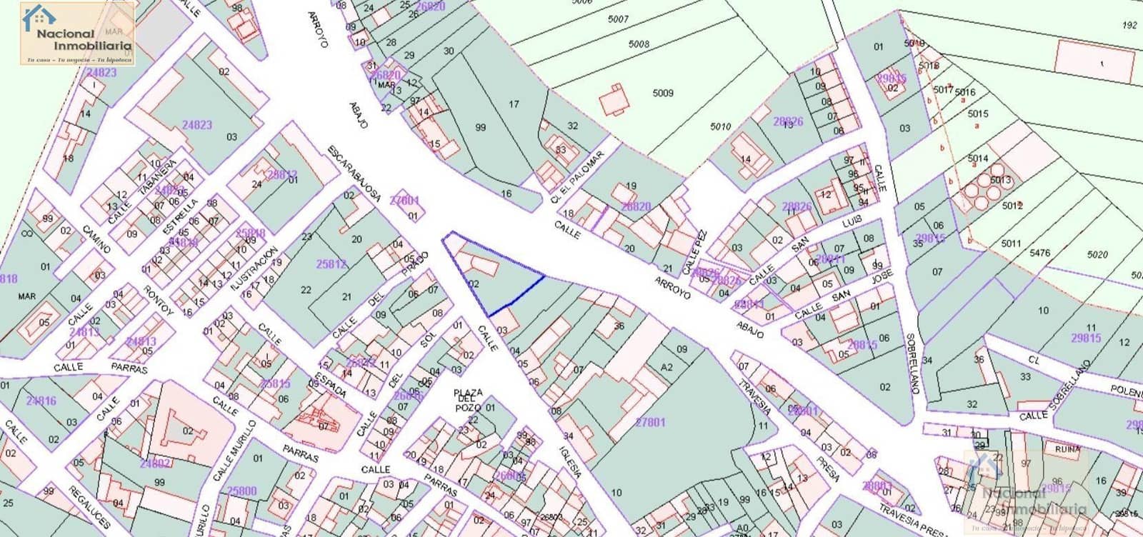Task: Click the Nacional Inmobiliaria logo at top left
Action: (77, 33)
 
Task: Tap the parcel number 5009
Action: (663, 93)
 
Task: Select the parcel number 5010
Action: (720, 126)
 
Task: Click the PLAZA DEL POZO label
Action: (469, 400)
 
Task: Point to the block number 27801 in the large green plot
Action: (650, 422)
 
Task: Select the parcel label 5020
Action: (1097, 254)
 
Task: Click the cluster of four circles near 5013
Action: (984, 186)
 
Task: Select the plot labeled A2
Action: (667, 367)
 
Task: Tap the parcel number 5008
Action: (639, 44)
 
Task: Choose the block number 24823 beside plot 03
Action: (197, 124)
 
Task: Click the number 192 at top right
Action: (1129, 25)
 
